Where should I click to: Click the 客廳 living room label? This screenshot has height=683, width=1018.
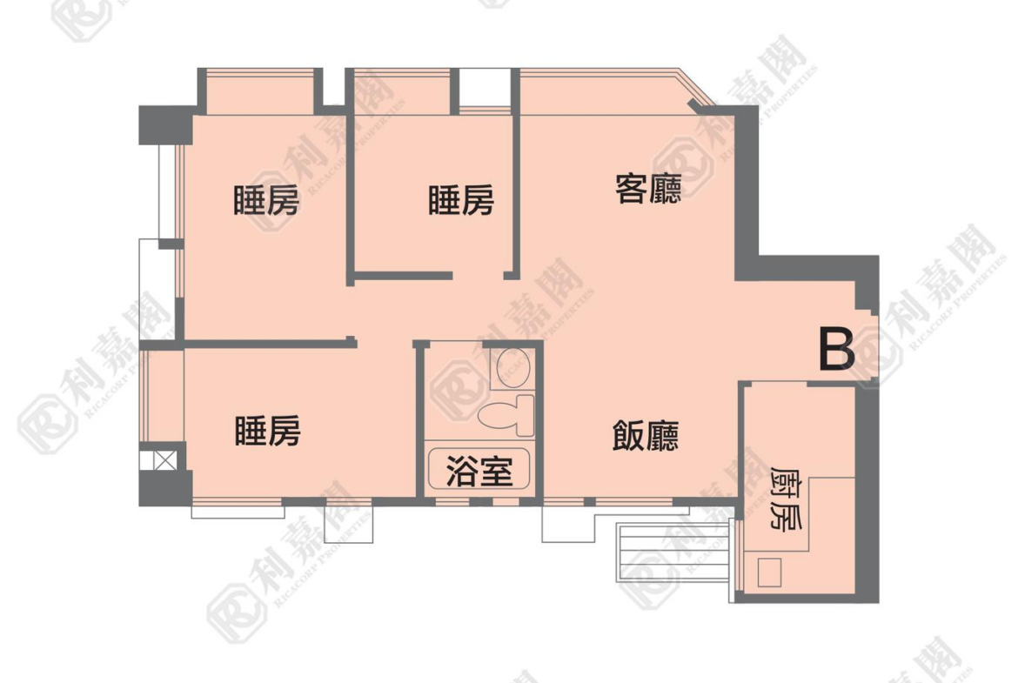(x=648, y=189)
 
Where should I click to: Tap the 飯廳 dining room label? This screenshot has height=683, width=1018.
(x=646, y=436)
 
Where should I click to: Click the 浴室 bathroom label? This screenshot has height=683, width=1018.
(x=479, y=472)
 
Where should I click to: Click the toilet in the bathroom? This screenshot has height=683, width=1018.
(x=506, y=415)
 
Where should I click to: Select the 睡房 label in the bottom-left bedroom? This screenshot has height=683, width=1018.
(x=267, y=431)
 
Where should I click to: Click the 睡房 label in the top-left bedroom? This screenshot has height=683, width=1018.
(x=266, y=200)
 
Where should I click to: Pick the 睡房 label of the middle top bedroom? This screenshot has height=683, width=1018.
(x=461, y=200)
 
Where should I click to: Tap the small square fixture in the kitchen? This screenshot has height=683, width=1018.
(x=769, y=572)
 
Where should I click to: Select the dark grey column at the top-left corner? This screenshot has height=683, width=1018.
(x=165, y=125)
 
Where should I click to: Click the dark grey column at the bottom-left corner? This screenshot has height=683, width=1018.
(x=165, y=488)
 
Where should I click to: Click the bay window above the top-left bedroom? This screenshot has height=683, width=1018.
(x=259, y=91)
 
